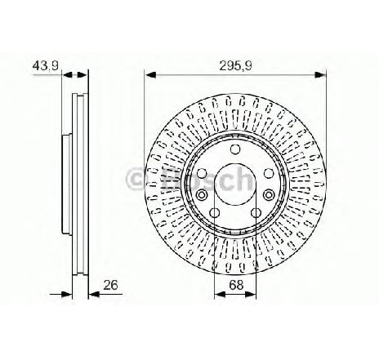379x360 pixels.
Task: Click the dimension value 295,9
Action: (236, 66)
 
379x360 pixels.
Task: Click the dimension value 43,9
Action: (46, 65)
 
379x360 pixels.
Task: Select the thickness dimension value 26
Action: (110, 285)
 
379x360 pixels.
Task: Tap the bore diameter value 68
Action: (236, 285)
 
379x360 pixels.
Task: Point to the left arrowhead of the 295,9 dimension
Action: (150, 74)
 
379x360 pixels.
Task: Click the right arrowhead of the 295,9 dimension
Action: (320, 74)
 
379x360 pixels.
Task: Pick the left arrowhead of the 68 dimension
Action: (220, 294)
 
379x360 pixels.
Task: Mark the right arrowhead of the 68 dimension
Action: (251, 294)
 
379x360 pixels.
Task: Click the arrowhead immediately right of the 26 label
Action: (95, 294)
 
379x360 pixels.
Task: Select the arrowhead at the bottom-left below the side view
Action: (67, 294)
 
